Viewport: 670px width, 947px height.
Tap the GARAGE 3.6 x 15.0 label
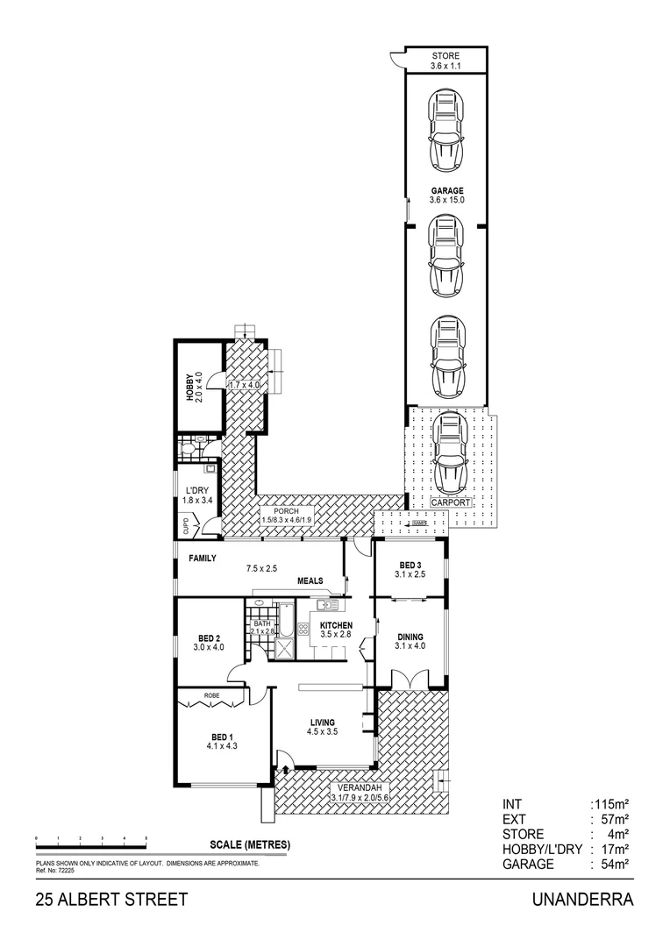coord(446,196)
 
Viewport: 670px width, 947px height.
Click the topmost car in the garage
coord(446,132)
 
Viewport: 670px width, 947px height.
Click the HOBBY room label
coord(194,386)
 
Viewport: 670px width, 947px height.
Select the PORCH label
coord(286,515)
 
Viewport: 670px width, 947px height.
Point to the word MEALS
coord(311,580)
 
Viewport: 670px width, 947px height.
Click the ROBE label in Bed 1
coord(211,695)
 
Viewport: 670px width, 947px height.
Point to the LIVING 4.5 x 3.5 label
coord(322,727)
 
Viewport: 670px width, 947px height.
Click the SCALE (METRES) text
coord(250,845)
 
